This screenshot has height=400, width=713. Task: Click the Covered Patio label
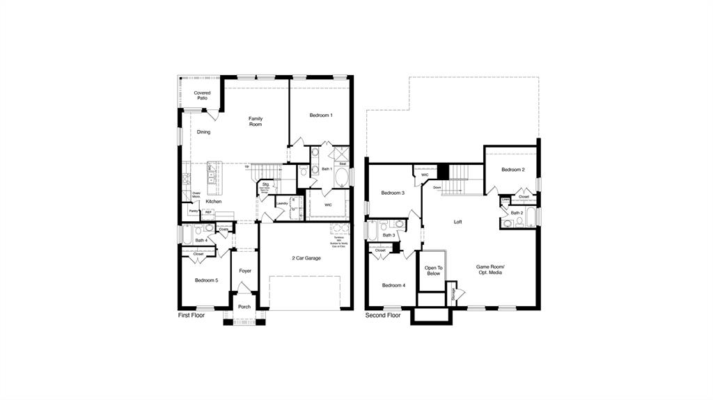(x=202, y=95)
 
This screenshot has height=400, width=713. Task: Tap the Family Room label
(x=256, y=121)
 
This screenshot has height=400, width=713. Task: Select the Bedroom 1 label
(x=320, y=115)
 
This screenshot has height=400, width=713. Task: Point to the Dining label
(x=203, y=131)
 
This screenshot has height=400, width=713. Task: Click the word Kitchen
(x=214, y=201)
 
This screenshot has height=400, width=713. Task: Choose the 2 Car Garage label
(x=306, y=258)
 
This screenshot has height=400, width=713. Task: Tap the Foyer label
(x=245, y=271)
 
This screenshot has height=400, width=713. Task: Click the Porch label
(x=244, y=307)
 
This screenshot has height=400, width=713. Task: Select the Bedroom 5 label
(x=206, y=280)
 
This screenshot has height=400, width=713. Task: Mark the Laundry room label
(x=282, y=204)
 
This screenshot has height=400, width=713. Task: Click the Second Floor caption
(x=383, y=315)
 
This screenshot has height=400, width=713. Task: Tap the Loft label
(x=457, y=222)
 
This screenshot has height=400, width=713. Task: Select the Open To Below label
(x=433, y=270)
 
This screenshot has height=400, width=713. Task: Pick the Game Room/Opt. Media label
(x=490, y=269)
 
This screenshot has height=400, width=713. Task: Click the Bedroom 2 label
(x=513, y=170)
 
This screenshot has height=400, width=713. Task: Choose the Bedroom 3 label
(x=393, y=193)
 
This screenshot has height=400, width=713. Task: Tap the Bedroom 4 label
(x=393, y=285)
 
